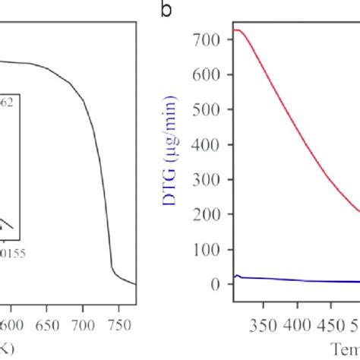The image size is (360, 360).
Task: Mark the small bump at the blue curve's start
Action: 237,276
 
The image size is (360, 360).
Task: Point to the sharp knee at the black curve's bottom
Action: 112,268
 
